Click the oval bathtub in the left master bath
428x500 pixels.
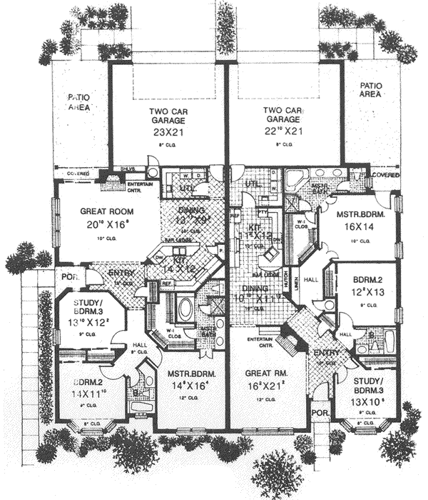coord(184,309)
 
